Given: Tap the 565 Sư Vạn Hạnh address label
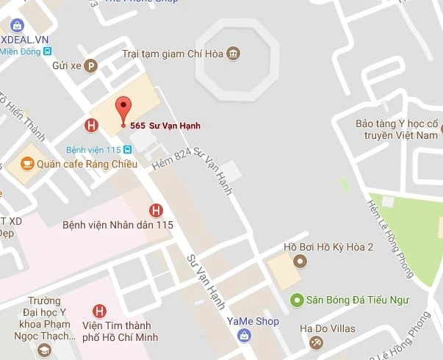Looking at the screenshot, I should [165, 125].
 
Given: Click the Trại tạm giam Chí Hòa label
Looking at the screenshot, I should [172, 54].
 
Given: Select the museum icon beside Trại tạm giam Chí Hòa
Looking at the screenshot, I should [234, 54].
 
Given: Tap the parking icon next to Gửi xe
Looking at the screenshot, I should [91, 65].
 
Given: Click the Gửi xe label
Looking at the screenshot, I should [66, 65].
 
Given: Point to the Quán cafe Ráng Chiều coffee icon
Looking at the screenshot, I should [26, 163].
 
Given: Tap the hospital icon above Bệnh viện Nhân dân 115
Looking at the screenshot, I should [156, 210].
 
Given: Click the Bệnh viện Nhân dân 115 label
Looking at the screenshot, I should [118, 225].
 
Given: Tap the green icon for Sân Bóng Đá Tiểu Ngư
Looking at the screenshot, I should [297, 299].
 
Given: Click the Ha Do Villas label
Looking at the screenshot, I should [328, 328].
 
